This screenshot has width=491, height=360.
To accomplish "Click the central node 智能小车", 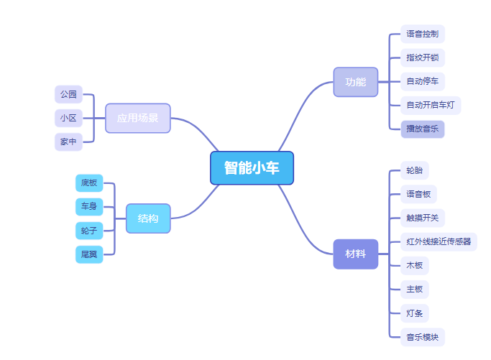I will point(252,168).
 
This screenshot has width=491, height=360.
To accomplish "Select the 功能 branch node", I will point(355,82).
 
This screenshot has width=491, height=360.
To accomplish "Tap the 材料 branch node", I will point(355,254).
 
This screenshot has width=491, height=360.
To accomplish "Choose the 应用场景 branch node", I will point(138,118).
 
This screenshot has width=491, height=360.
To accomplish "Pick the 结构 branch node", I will point(148,218).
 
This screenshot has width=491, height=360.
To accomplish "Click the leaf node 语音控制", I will point(422,34).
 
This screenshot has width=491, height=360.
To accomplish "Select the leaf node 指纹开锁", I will point(422,57).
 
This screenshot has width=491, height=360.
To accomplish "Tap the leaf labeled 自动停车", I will point(422,81).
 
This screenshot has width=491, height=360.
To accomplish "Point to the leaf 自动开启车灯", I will point(430,105).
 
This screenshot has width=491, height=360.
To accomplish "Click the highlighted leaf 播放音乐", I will point(422,129).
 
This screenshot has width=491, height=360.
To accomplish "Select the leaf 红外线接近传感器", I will point(439,241).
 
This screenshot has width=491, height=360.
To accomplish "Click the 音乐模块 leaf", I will point(422,336).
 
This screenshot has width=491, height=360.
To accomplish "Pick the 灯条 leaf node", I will point(415,313).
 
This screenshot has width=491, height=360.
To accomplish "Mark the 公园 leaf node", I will point(68,94).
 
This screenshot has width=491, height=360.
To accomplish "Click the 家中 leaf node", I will point(68,142).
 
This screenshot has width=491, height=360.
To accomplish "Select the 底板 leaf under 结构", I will point(89,183).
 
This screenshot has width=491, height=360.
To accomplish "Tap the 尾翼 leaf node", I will point(89,254).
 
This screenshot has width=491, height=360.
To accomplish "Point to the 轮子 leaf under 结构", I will point(89,230).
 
